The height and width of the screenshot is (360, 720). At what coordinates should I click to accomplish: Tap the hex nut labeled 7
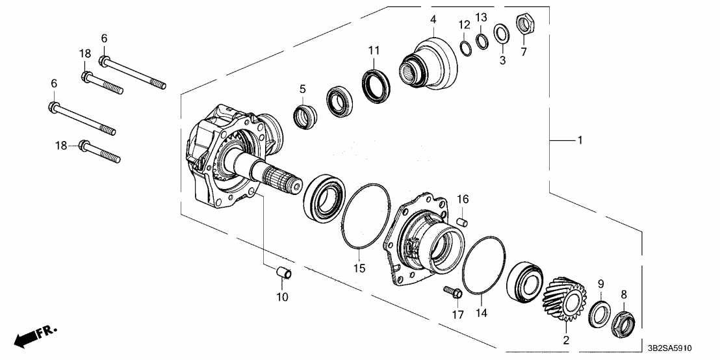pyautogui.click(x=524, y=25)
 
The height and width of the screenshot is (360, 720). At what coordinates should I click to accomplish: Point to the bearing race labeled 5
pyautogui.click(x=305, y=118)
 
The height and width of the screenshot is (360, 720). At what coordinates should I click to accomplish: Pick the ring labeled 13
pyautogui.click(x=482, y=41)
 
